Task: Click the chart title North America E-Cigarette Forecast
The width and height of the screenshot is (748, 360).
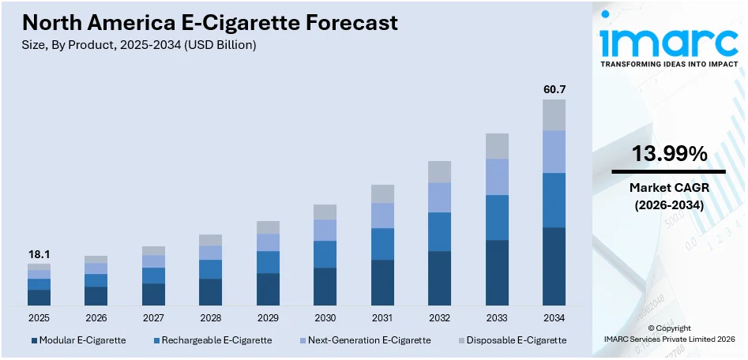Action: coord(210,22)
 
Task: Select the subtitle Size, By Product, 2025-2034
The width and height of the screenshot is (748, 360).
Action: coord(139,45)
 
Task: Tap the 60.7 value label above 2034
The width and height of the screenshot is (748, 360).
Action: coord(554,89)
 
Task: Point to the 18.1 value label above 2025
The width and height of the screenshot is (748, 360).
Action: coord(39,254)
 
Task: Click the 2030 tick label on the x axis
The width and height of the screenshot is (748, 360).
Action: coord(325,317)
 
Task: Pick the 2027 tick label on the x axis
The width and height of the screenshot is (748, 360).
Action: coord(153,317)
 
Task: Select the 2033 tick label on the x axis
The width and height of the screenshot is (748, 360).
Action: coord(497,317)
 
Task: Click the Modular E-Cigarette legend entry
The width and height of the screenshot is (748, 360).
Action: coord(78,340)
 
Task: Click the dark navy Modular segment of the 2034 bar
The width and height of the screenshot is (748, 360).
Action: coord(554,266)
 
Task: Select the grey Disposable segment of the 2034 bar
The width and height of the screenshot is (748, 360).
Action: coord(554,114)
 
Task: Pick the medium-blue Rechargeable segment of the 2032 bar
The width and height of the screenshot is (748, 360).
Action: coord(439,231)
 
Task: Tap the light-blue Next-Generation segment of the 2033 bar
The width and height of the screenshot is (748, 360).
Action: coord(497,177)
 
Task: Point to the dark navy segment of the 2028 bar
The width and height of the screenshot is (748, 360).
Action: coord(210,291)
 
